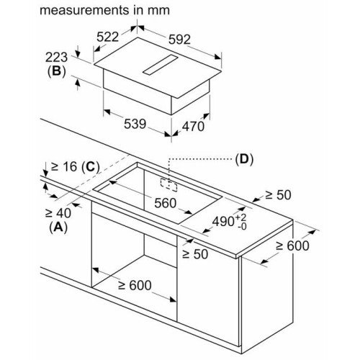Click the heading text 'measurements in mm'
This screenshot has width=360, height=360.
104,10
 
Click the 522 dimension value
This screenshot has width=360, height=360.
107,37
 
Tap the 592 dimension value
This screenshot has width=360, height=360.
179,40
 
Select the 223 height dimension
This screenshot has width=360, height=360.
57,58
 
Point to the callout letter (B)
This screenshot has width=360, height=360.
56,71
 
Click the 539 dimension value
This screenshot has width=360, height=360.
135,124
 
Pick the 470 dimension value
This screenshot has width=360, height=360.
193,126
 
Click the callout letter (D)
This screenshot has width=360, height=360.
244,159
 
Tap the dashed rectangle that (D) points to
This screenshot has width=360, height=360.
168,185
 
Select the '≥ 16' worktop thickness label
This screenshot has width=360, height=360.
64,166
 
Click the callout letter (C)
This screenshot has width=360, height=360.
91,167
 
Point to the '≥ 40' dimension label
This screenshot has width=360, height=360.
58,213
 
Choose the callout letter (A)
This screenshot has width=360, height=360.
58,228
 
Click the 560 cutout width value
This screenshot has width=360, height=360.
166,203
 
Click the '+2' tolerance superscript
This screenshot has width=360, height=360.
240,217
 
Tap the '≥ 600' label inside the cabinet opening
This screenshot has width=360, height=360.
135,285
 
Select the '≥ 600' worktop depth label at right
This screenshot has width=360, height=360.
292,246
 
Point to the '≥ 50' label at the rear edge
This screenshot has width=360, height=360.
278,195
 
